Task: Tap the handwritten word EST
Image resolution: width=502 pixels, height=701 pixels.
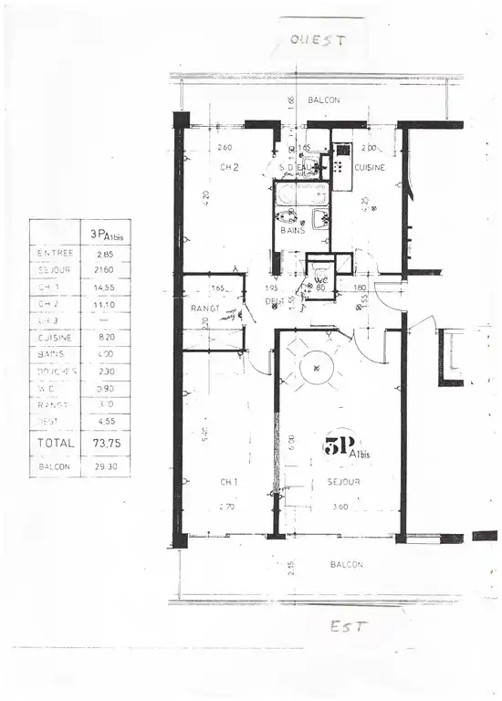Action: tap(348, 627)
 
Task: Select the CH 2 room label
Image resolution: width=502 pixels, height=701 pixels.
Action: tap(229, 167)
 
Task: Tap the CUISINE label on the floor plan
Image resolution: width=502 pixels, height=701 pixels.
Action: tap(370, 168)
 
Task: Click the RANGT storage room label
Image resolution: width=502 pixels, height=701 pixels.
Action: tap(203, 308)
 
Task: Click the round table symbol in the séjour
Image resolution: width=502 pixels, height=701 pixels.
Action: tap(316, 368)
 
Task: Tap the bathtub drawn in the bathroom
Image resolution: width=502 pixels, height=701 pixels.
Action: tap(301, 194)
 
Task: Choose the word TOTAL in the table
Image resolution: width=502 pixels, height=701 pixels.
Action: tap(55, 443)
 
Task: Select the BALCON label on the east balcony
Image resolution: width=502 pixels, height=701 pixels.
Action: tap(346, 564)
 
